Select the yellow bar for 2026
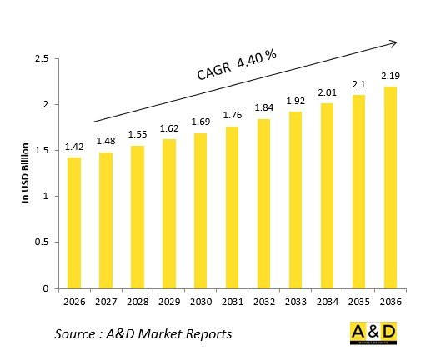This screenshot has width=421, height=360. pos(74,222)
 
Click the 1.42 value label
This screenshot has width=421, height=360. pos(74,145)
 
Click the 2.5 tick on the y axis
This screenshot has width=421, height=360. pos(41,58)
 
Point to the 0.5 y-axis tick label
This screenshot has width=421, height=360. pos(41,242)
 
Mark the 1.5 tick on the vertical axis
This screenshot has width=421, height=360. pos(41,150)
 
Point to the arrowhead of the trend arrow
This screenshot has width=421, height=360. pos(393,42)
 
